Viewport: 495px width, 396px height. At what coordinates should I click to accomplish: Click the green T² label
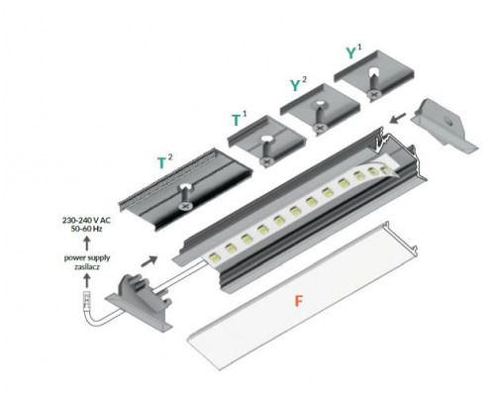[165, 158]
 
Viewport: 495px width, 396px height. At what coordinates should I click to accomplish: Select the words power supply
[87, 256]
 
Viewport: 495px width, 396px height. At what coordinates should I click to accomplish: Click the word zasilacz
[87, 266]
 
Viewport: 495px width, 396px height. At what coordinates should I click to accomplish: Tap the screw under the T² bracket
[185, 201]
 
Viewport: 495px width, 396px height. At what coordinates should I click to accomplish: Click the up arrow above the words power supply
[86, 244]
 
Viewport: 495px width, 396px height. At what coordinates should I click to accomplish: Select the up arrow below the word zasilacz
[86, 280]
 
